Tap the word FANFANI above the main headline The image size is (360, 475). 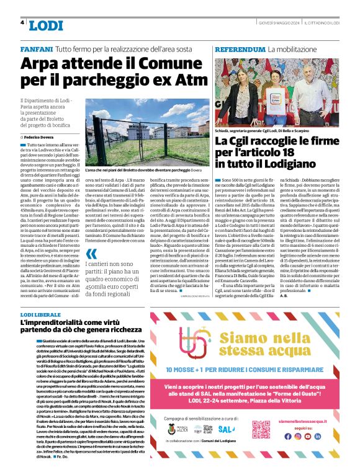click(x=37, y=48)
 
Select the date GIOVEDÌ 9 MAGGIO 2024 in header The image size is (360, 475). click(x=279, y=22)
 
